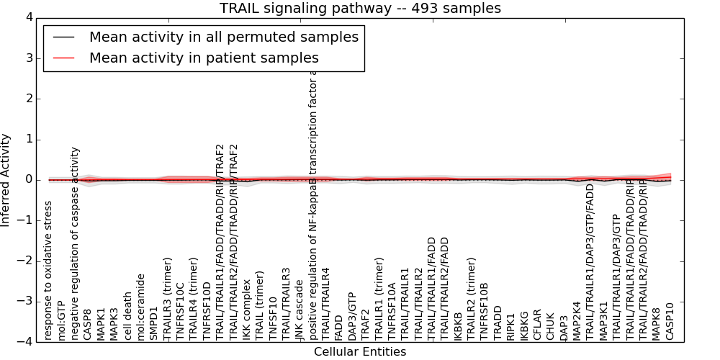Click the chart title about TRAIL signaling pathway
[x=360, y=9]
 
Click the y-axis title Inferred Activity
[x=6, y=180]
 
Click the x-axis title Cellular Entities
[x=360, y=352]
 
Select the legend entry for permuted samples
[x=223, y=37]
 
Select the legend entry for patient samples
[x=204, y=58]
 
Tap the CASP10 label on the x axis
[x=670, y=320]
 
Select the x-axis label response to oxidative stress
[x=48, y=270]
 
